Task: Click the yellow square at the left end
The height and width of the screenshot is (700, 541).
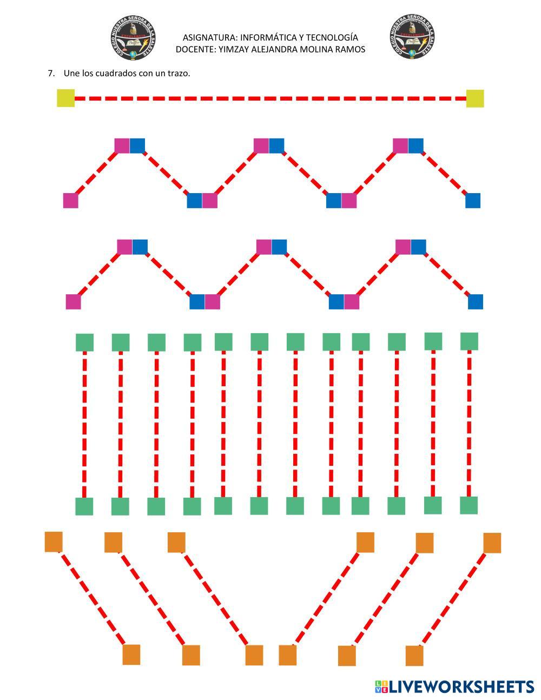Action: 66,98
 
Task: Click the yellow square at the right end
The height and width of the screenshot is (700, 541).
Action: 475,98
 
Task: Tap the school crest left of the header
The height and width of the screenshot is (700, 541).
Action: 133,38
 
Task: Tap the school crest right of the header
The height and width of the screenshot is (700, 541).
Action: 412,38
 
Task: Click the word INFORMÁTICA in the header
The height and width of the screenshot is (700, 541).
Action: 272,37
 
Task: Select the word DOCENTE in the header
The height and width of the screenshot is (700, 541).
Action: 194,49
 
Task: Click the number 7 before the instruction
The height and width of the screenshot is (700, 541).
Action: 51,73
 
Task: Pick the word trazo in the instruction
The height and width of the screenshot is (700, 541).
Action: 178,73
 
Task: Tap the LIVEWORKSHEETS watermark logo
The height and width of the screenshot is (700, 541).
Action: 454,686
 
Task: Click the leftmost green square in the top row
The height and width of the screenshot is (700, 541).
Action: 84,342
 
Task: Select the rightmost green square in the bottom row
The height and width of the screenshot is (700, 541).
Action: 469,505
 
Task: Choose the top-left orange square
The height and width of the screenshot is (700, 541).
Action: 54,541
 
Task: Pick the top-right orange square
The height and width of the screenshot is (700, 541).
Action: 492,543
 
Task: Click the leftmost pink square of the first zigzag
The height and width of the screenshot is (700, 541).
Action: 71,201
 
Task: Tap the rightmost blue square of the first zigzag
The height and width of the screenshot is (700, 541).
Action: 473,201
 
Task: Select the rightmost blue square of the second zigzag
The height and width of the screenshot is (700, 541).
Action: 476,302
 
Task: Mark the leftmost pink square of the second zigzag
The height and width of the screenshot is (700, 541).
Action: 74,302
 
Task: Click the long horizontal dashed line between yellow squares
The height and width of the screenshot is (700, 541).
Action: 270,98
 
